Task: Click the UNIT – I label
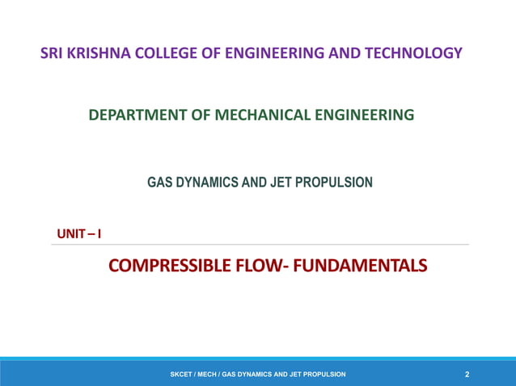78,234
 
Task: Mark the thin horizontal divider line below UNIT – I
259,245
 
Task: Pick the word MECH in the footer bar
209,375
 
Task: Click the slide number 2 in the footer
467,375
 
